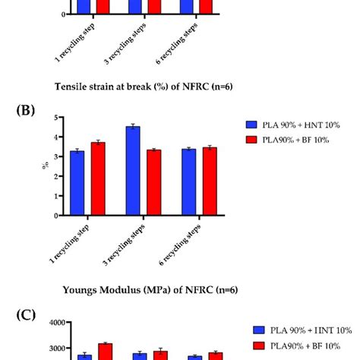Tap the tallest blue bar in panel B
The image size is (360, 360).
(133, 171)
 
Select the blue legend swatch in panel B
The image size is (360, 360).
(251, 123)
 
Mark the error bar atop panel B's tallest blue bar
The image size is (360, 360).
(133, 126)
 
